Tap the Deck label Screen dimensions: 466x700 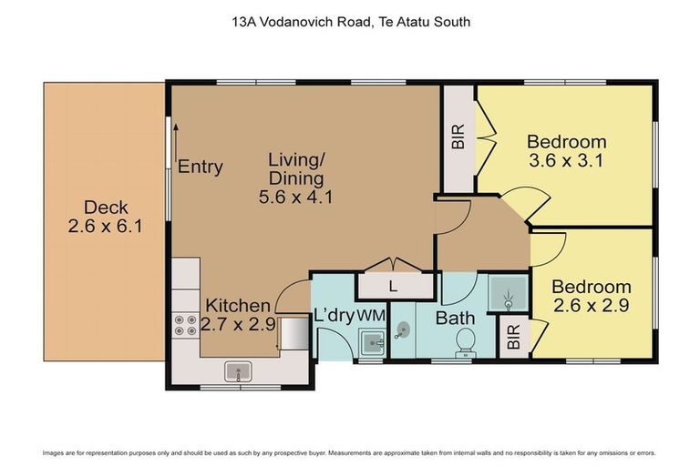[105, 208]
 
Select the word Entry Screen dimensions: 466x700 [201, 167]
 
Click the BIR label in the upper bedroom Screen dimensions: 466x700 [458, 137]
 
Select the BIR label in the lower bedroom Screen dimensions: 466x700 [513, 337]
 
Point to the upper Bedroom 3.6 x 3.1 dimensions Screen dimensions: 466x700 [567, 161]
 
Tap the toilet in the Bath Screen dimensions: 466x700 [464, 340]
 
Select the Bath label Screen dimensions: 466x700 [453, 318]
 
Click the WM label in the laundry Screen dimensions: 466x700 [370, 315]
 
